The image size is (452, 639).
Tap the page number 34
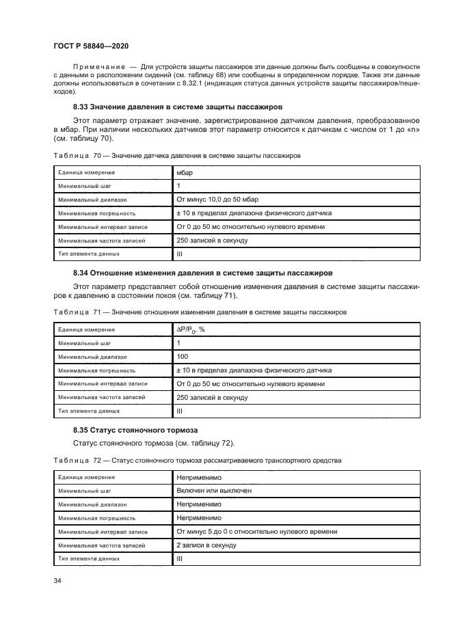pos(57,580)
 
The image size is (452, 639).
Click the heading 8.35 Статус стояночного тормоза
pos(135,430)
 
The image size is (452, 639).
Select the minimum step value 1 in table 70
pos(179,186)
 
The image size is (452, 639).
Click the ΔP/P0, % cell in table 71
pos(191,329)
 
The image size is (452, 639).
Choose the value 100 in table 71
pos(183,357)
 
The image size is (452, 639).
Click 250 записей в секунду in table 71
pos(212,397)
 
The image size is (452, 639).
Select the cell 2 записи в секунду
pos(207,545)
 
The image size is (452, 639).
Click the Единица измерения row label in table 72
pos(86,477)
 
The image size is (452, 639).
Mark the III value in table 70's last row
pos(180,254)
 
